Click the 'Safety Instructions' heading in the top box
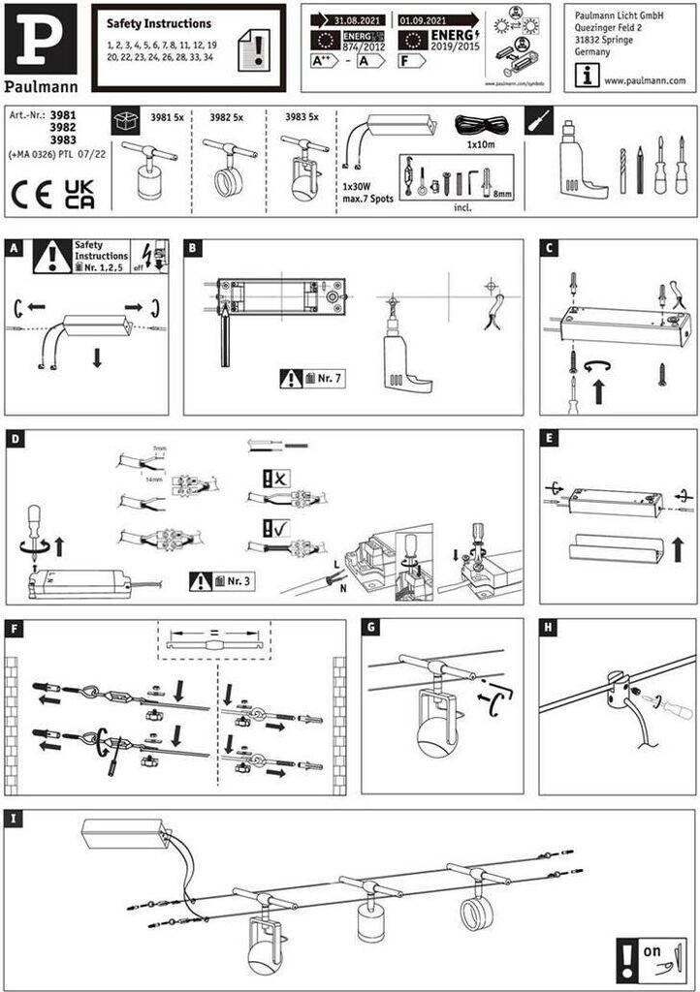pos(158,23)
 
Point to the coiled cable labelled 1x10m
pos(483,125)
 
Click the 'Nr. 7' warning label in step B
pos(313,379)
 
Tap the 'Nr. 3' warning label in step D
pos(222,581)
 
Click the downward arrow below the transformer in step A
pos(97,358)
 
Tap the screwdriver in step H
pos(669,706)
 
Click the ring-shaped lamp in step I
pos(477,913)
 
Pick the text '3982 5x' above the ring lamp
pos(225,117)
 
